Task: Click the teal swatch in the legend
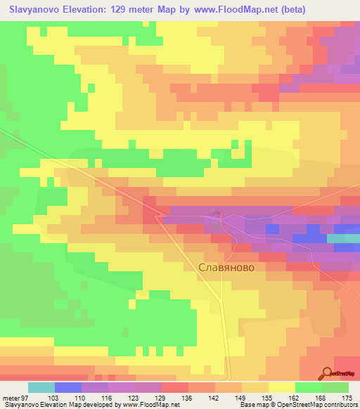41,387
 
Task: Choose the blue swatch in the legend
68,387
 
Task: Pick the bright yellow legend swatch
281,387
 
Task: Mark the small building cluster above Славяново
215,214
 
